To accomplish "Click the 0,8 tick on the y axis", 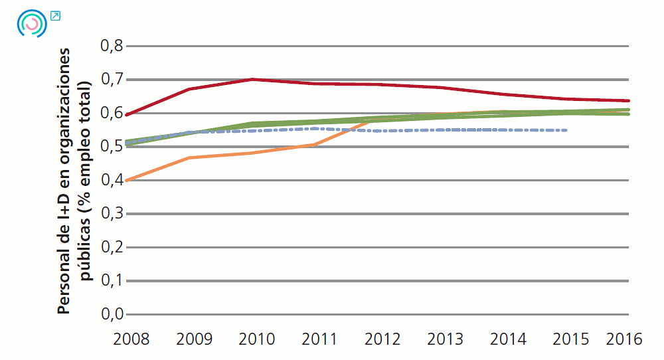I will pos(111,46).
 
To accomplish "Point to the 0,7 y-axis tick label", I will pos(111,80).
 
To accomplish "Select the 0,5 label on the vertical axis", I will pos(111,146).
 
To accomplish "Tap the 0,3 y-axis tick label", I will pos(111,214).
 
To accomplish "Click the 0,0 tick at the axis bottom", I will pos(111,314).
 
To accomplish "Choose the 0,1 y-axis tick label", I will pos(111,281).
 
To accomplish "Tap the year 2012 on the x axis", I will pos(382,339).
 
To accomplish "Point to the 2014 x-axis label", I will pos(508,339).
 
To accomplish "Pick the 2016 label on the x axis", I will pos(624,339).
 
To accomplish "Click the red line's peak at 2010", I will pos(252,79).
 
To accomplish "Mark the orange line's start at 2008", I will pos(127,180).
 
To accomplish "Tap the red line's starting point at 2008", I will pos(127,115).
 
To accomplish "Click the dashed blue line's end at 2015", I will pos(566,130).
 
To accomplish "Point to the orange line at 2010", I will pos(252,153).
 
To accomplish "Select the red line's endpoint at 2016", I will pos(628,101).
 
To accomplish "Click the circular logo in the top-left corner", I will pos(31,24).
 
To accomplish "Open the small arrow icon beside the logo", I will pos(55,15).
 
